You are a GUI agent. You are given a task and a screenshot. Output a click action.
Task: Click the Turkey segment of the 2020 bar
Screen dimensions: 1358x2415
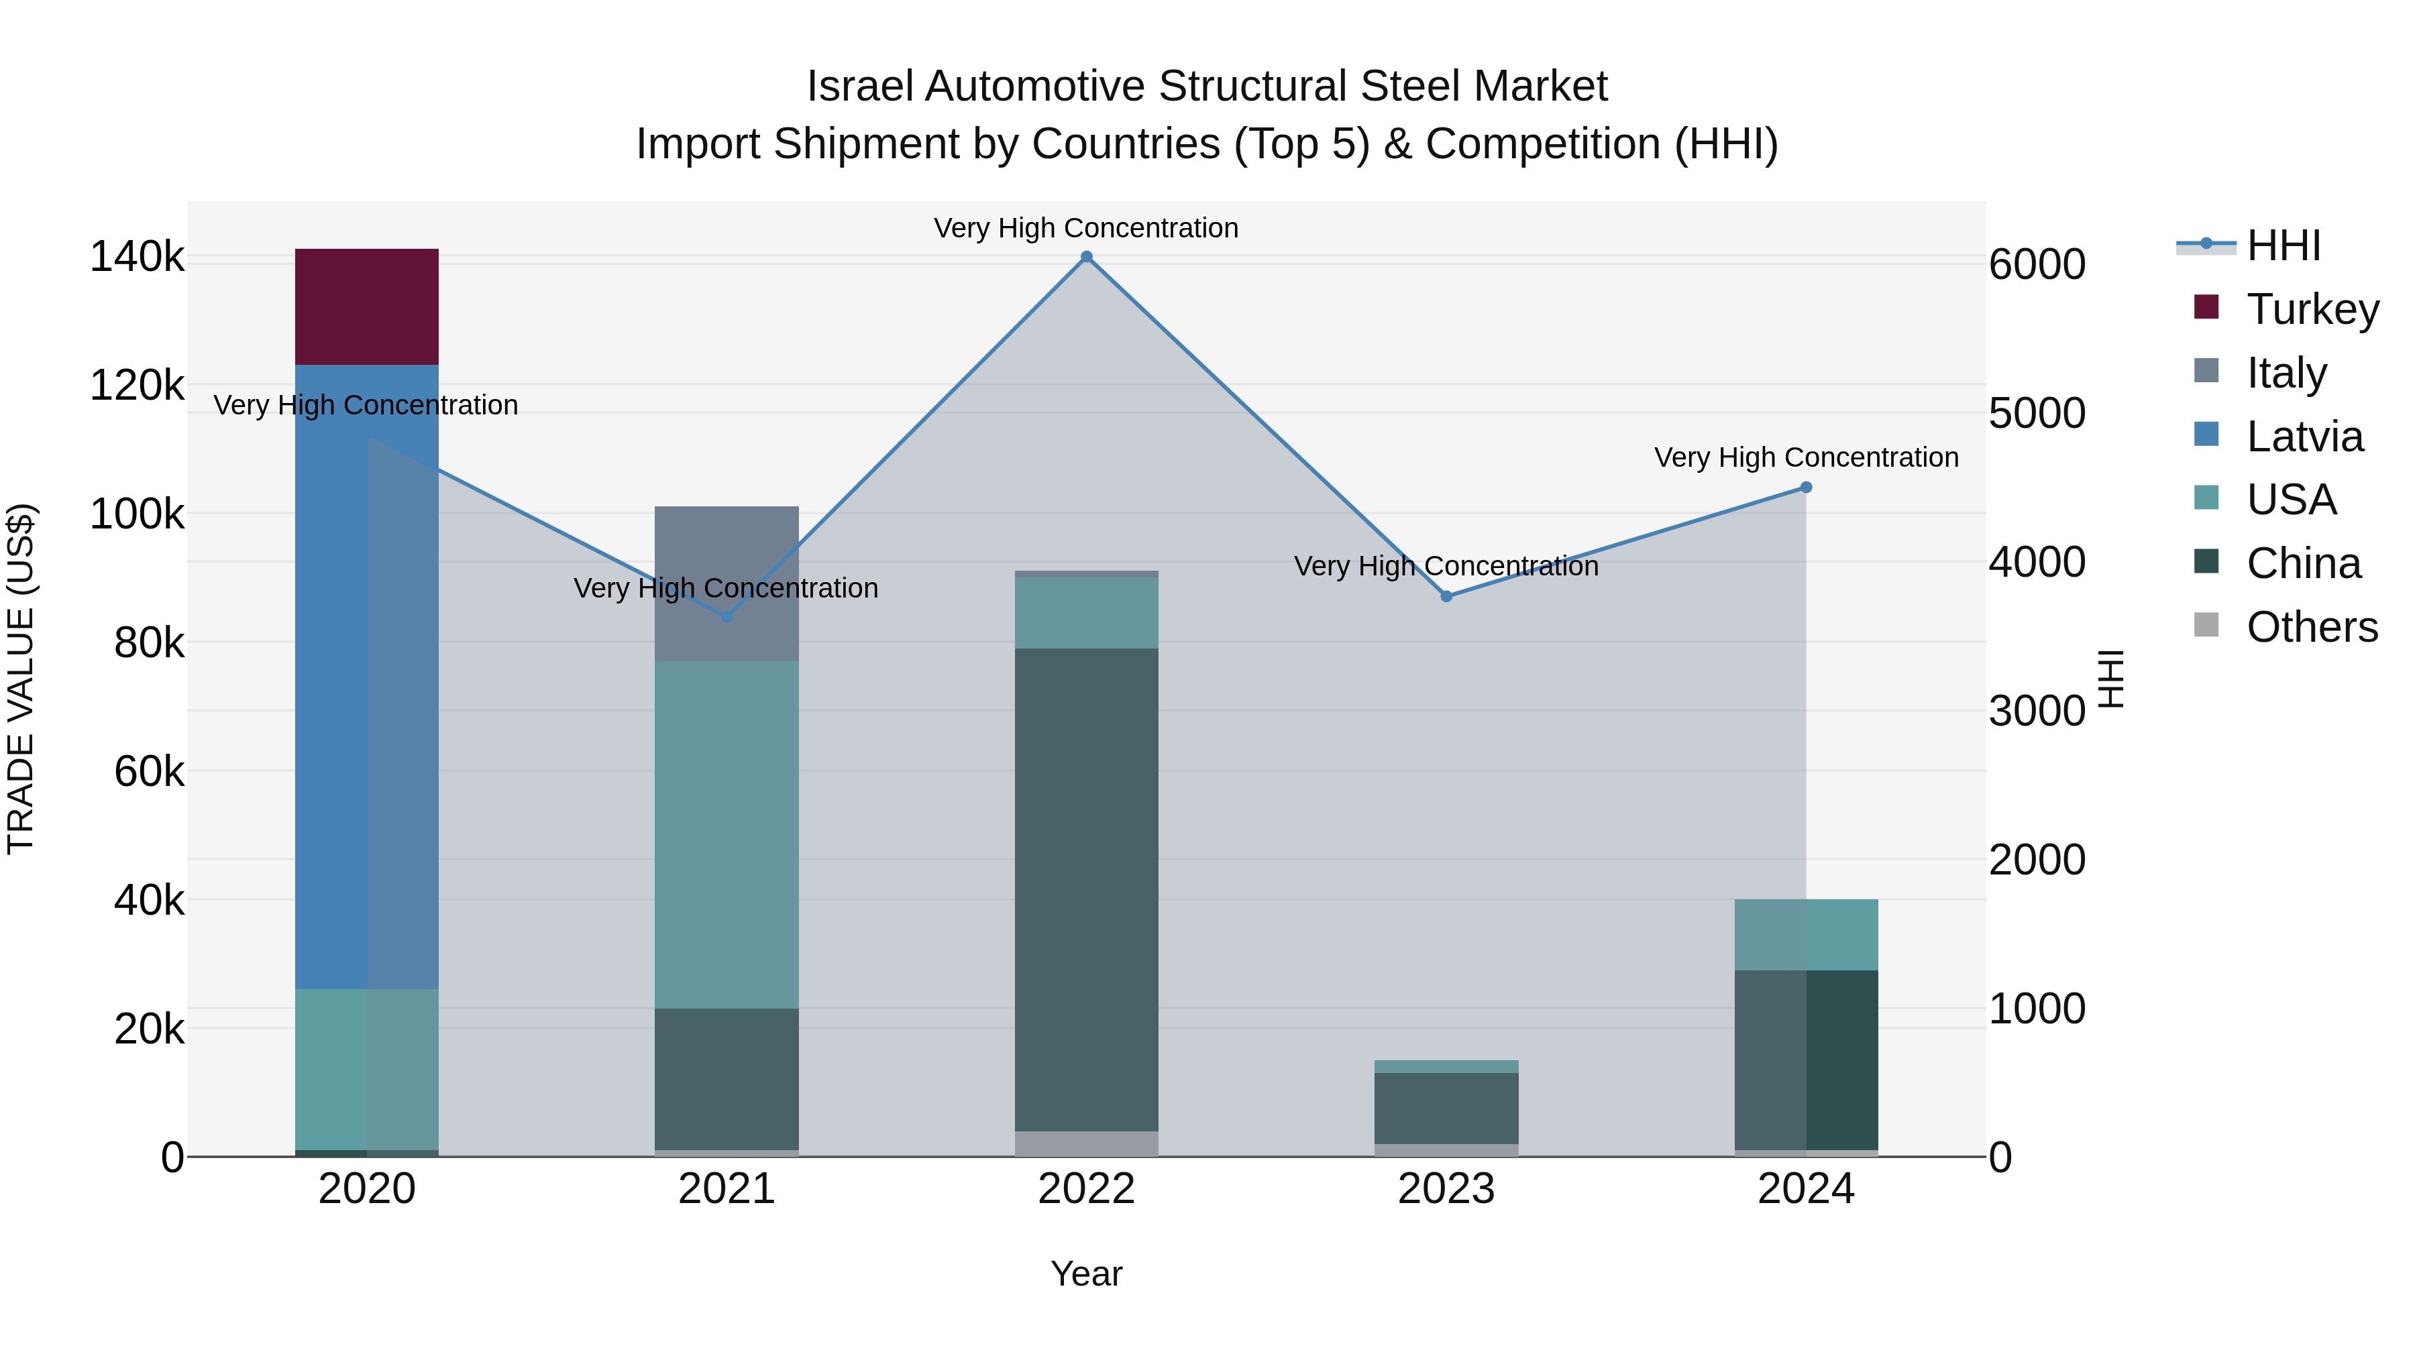coord(366,306)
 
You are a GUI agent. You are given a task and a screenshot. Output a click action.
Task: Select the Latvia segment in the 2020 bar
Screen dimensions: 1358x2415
coord(366,675)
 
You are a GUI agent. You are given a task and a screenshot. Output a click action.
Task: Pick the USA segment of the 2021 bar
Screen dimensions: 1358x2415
coord(727,834)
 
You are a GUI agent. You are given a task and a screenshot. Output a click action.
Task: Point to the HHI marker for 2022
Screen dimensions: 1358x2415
coord(1087,257)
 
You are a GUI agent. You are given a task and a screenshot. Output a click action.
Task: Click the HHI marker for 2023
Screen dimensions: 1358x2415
coord(1446,596)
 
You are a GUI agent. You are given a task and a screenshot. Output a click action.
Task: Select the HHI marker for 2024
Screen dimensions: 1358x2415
coord(1807,488)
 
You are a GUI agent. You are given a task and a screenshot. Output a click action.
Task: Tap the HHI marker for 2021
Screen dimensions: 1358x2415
coord(727,617)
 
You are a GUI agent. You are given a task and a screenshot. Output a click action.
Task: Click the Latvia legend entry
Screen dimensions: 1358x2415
coord(2304,437)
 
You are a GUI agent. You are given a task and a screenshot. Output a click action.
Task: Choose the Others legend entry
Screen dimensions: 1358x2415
coord(2311,627)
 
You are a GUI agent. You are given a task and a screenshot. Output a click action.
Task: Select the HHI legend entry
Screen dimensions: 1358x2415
coord(2283,245)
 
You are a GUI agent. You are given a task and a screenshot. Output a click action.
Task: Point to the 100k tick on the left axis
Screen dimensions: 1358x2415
coord(137,514)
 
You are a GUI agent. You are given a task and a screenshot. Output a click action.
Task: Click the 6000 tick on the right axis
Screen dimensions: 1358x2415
coord(2037,265)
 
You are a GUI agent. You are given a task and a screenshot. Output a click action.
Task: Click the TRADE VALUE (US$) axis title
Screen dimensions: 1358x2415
coord(21,679)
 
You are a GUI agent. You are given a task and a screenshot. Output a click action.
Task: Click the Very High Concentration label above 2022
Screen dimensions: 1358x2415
coord(1087,228)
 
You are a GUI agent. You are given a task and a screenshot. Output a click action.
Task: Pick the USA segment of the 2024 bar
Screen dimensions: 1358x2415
coord(1807,934)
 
